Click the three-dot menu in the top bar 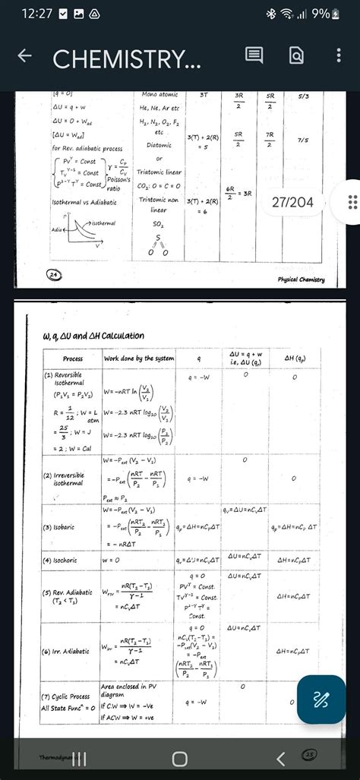339,55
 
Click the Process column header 73,358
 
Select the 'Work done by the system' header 139,358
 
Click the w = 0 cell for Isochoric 112,561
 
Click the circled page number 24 53,273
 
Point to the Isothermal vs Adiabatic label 84,203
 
